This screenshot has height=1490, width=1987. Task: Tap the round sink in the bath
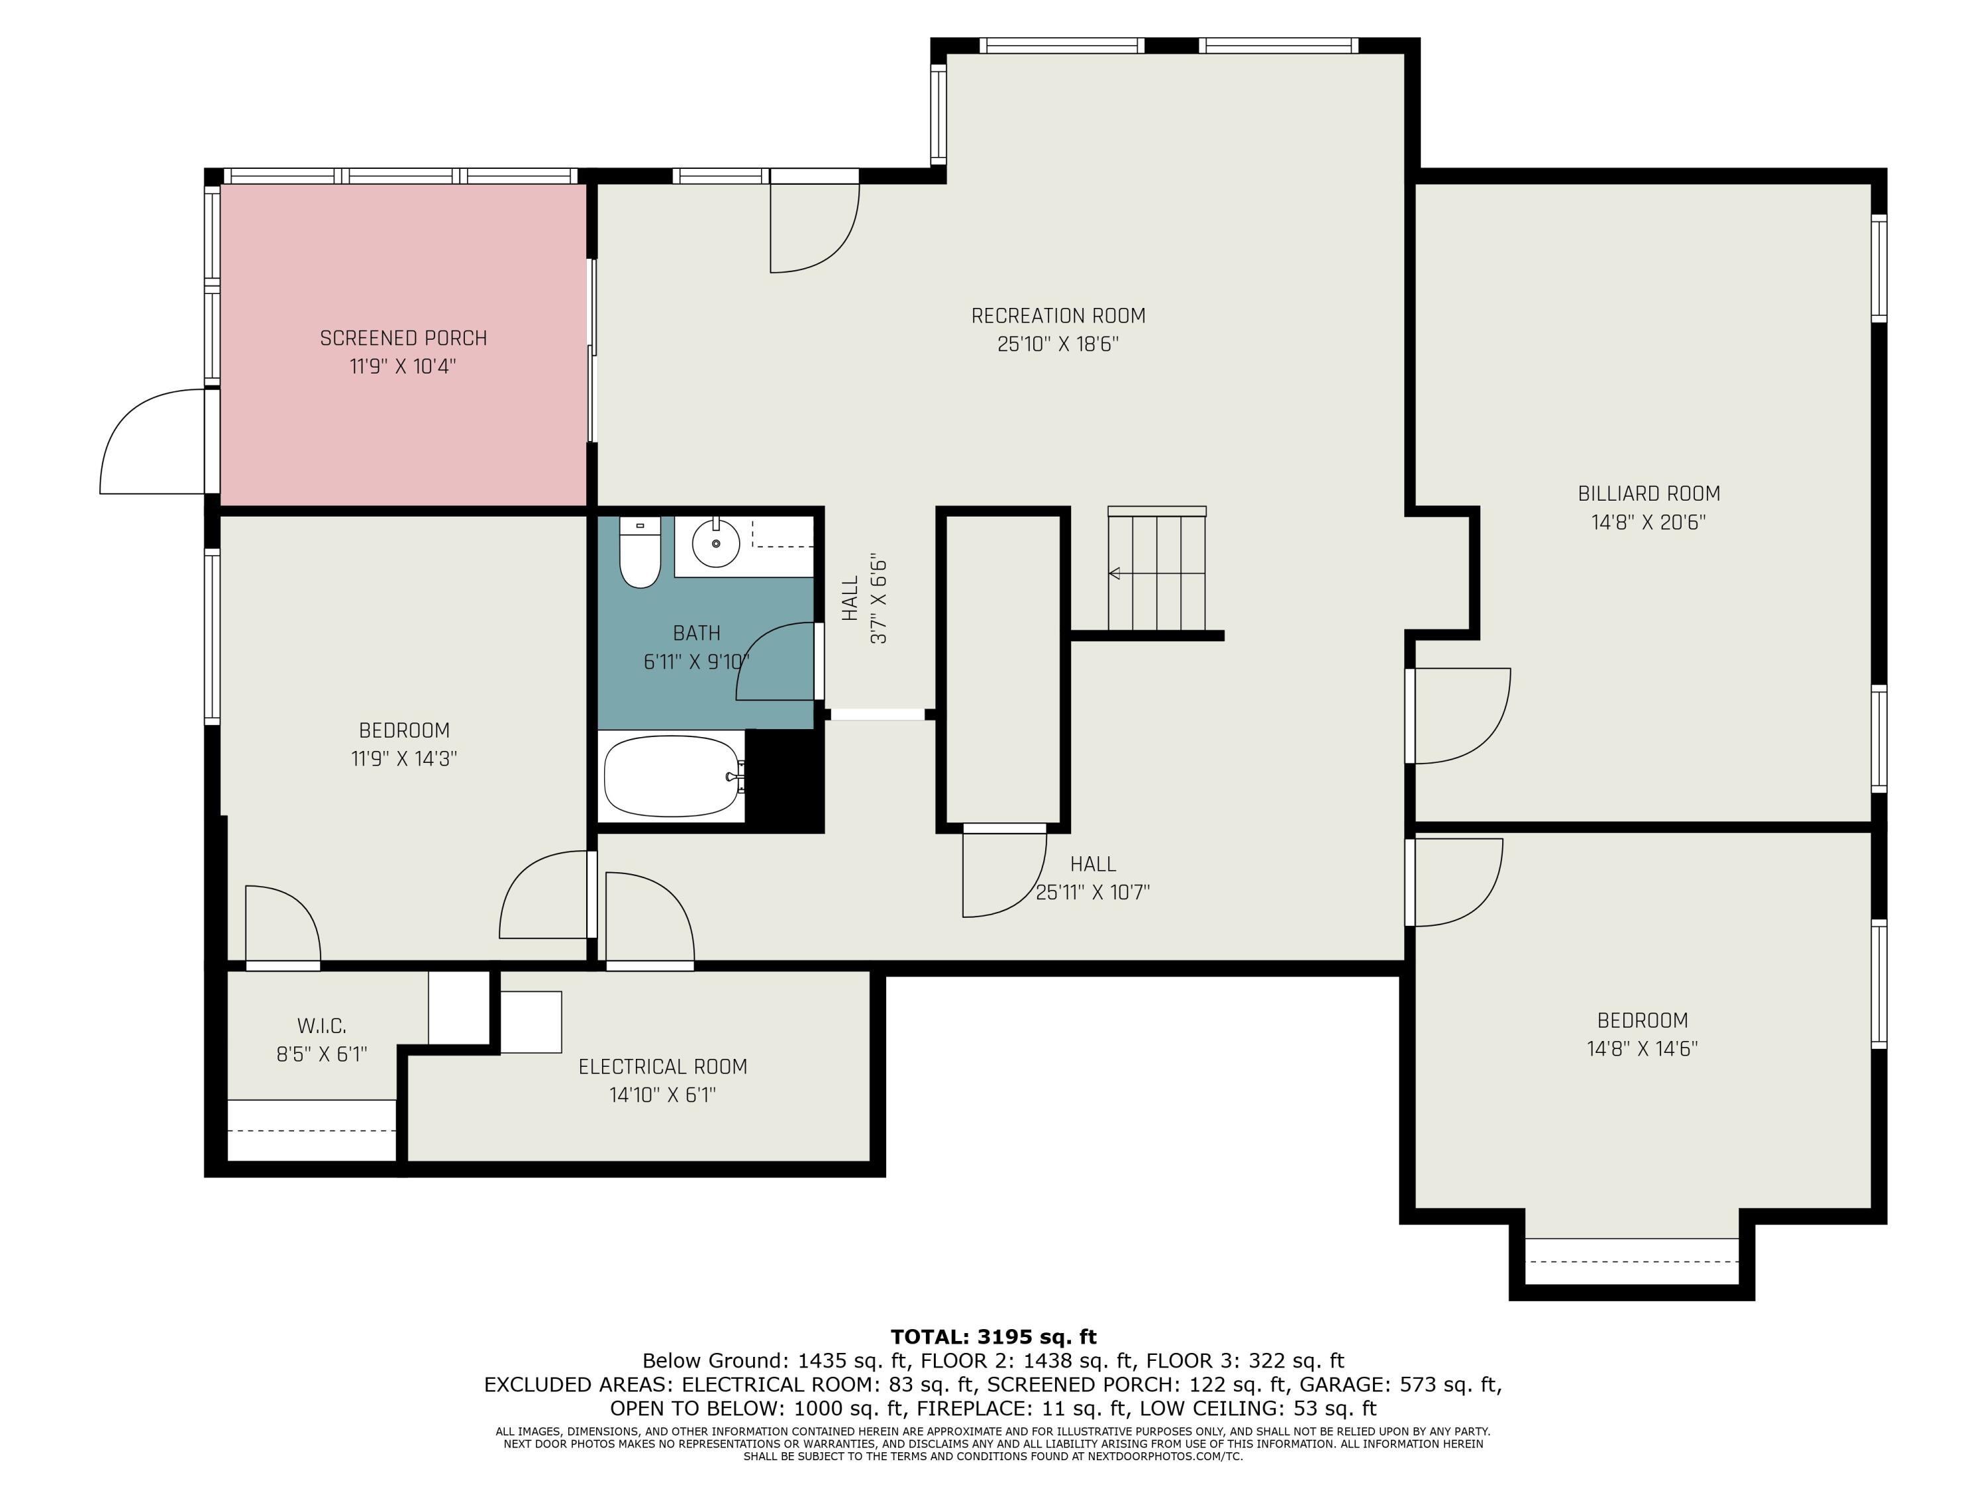click(x=716, y=544)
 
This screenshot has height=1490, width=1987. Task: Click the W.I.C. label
click(x=322, y=1026)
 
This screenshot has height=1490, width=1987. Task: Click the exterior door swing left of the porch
click(x=153, y=442)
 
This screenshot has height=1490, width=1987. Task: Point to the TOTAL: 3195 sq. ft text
click(x=993, y=1337)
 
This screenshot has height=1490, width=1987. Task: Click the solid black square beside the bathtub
click(x=784, y=779)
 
